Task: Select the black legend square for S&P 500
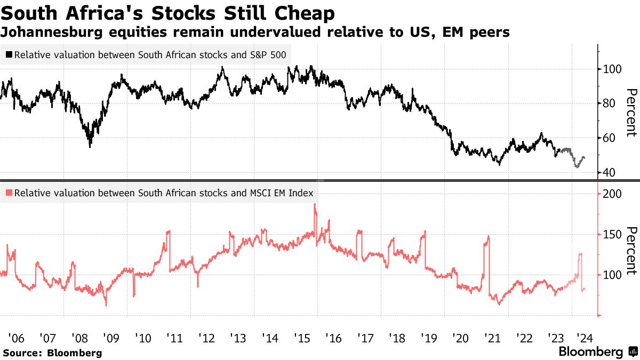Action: tap(9, 55)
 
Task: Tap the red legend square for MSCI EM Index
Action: tap(9, 194)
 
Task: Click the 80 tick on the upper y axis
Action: tap(607, 103)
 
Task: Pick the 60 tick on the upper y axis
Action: tap(607, 138)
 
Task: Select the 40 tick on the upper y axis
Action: tap(607, 173)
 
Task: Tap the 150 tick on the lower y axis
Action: tap(610, 235)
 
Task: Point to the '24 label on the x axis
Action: tap(587, 338)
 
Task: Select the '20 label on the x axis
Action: tap(460, 338)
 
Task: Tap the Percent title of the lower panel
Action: tap(631, 251)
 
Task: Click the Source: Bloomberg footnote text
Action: tap(52, 353)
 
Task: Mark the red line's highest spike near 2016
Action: tap(315, 205)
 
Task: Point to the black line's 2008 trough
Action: tap(90, 147)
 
